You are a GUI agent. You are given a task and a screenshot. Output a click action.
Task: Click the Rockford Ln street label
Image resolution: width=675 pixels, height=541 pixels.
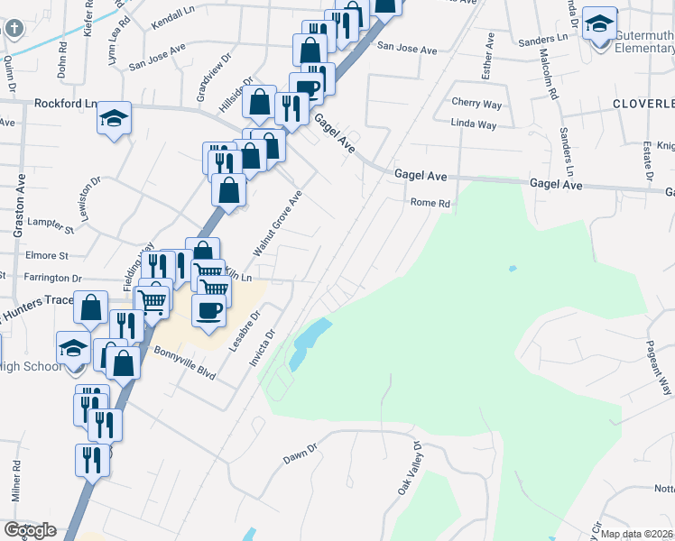point(65,104)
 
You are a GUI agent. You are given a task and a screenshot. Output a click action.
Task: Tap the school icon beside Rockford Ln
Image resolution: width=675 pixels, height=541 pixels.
point(115,119)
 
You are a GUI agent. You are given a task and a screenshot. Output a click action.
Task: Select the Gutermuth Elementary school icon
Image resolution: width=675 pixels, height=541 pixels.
point(598,25)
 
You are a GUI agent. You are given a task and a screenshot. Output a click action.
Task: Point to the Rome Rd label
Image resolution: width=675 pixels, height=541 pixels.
point(430,203)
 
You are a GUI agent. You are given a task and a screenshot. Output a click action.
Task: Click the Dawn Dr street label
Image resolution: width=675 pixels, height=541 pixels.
point(301,453)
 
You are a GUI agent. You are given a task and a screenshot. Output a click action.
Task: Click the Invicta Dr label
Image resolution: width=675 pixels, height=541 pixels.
point(263,348)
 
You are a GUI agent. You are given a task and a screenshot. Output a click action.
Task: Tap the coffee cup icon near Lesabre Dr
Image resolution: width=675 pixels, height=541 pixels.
point(209,310)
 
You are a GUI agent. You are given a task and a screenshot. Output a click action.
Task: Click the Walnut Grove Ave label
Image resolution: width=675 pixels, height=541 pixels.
point(277,223)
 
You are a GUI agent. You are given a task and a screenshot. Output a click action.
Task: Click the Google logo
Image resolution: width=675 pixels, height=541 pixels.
point(30,530)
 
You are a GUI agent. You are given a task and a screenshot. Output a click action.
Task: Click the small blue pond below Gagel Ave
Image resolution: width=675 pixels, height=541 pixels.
point(513,268)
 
